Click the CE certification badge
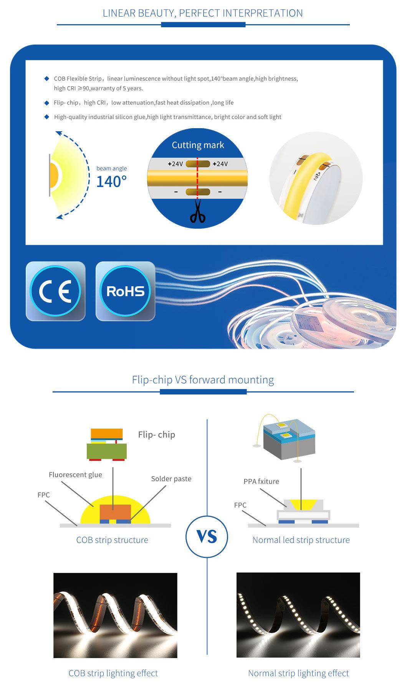click(55, 291)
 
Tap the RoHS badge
click(125, 291)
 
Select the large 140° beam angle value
click(111, 181)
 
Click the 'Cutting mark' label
click(198, 145)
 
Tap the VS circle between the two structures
click(207, 536)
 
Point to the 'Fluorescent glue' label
click(75, 475)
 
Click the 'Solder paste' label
click(171, 478)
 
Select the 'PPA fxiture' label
click(261, 481)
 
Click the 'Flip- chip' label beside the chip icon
click(156, 434)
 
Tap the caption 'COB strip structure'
click(112, 540)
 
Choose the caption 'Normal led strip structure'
click(301, 540)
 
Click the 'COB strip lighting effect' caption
click(113, 673)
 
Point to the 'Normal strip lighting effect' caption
click(298, 673)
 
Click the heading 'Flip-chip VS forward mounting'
click(203, 380)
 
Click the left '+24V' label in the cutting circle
click(175, 164)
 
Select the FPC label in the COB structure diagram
click(43, 495)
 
